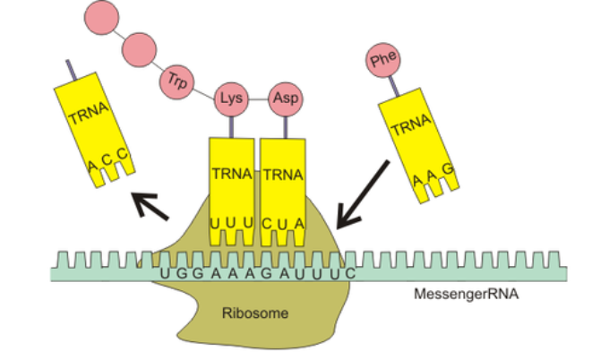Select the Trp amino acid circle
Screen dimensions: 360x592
pos(176,81)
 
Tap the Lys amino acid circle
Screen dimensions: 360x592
pos(228,97)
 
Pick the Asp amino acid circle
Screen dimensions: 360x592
pos(286,97)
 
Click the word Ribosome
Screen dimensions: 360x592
pos(246,313)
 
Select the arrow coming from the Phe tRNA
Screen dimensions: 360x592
pos(362,193)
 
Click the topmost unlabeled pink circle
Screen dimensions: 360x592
pos(101,15)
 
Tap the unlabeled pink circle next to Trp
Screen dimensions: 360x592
pos(140,47)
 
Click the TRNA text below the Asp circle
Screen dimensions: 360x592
pos(284,174)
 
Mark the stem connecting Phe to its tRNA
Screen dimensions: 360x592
pos(390,87)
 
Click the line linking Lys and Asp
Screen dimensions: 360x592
pos(257,97)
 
